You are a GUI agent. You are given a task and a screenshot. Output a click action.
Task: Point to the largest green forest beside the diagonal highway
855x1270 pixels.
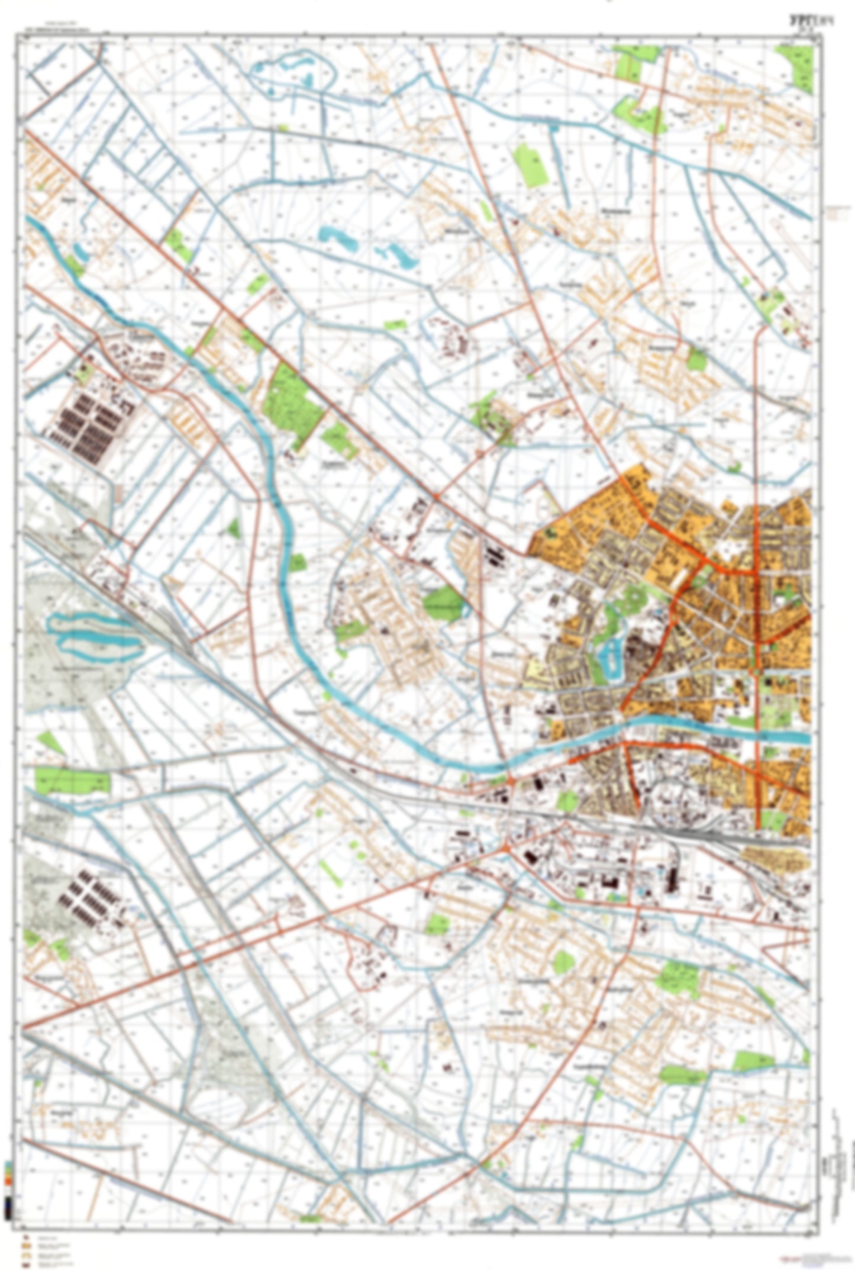pyautogui.click(x=292, y=405)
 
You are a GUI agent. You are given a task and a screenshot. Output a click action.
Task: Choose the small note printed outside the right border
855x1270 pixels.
pyautogui.click(x=837, y=212)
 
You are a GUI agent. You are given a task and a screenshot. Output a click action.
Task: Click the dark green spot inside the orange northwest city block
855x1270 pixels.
pyautogui.click(x=551, y=531)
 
